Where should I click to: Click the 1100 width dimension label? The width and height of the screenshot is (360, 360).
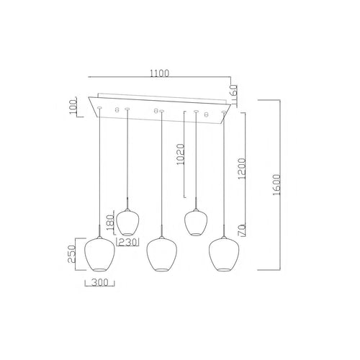tap(159, 73)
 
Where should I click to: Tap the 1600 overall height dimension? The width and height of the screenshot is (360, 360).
tap(276, 184)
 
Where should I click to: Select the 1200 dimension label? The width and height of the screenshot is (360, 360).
tap(241, 168)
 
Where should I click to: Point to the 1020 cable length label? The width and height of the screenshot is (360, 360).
tap(180, 154)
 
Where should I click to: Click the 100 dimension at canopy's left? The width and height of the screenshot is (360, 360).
tap(73, 107)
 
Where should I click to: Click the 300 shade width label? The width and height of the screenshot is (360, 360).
tap(100, 283)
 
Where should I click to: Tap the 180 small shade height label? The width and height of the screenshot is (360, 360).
tap(111, 222)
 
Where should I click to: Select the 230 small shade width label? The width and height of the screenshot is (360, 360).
tap(127, 242)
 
